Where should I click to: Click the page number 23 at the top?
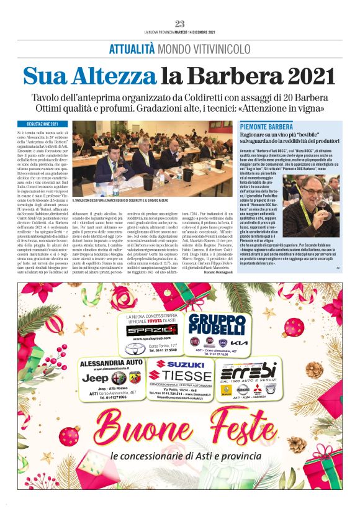pos(180,24)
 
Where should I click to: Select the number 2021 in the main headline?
pos(307,76)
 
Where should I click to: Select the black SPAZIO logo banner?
pos(144,330)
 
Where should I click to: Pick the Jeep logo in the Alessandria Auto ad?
pos(95,378)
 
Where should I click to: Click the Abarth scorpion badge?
pos(122,378)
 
